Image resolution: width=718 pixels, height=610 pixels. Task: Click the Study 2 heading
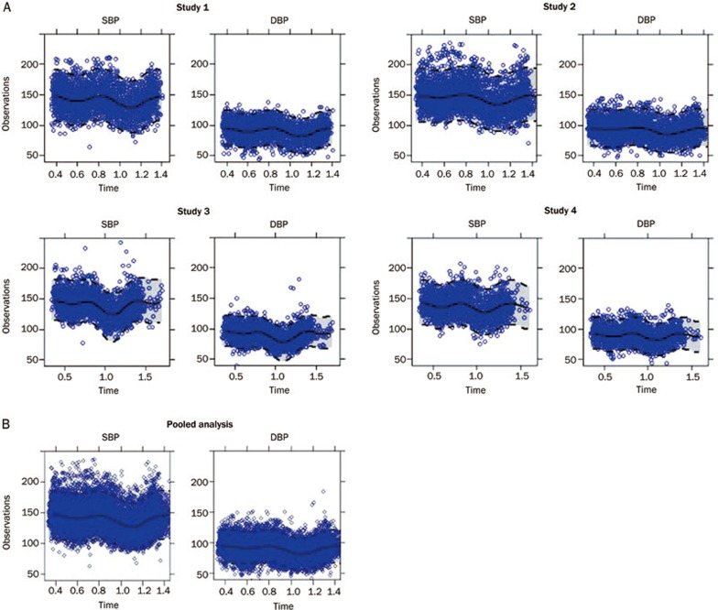(546, 8)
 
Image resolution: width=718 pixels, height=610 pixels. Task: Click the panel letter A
(6, 7)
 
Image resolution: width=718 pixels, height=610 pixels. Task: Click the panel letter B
(6, 424)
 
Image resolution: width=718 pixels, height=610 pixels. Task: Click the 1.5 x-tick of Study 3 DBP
(316, 374)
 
